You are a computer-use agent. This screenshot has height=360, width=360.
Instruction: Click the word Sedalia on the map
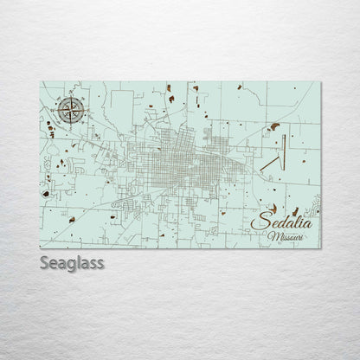(283, 224)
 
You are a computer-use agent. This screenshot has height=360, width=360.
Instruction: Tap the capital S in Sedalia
(257, 224)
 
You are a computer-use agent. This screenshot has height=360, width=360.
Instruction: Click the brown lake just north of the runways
(274, 126)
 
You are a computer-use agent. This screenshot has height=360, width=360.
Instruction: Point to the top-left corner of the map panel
(41, 82)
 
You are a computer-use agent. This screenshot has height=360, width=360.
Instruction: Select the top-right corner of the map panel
(322, 82)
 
